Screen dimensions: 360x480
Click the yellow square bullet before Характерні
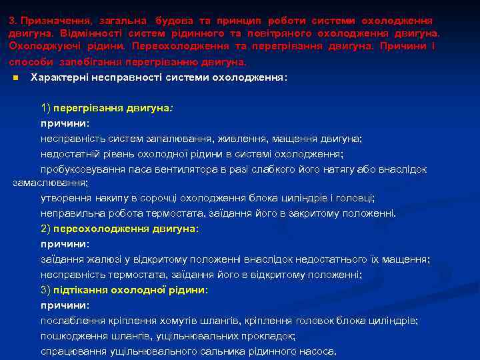(14, 78)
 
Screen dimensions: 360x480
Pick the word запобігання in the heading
(91, 62)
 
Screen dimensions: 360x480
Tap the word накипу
(107, 198)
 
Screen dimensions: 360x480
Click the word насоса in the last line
(318, 351)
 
